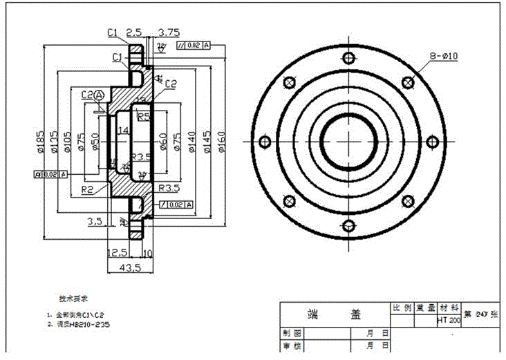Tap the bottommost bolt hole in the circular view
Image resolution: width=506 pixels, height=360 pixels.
point(349,225)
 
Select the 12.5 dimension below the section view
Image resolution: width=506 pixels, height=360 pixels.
point(118,252)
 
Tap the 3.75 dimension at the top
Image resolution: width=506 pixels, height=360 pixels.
point(169,32)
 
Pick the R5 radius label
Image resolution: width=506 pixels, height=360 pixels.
point(144,117)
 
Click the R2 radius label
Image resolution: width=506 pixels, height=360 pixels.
point(87,188)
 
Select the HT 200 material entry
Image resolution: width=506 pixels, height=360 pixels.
point(449,321)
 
